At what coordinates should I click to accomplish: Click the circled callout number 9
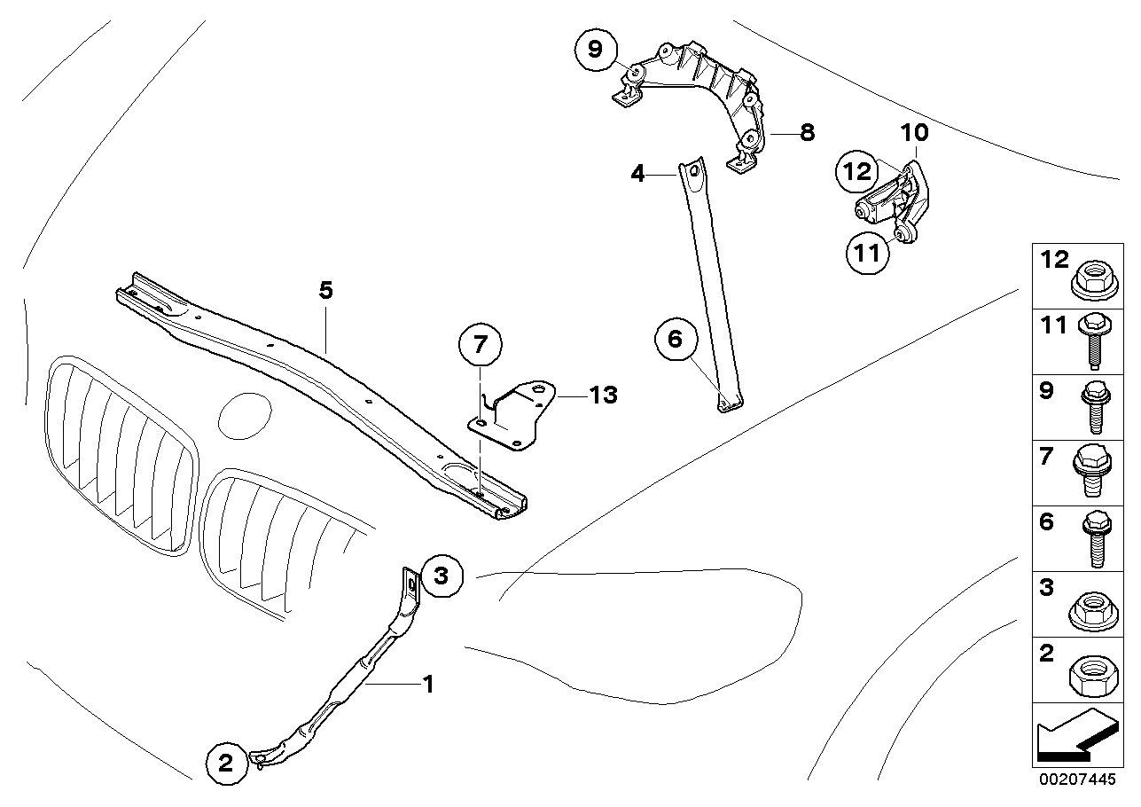pyautogui.click(x=595, y=51)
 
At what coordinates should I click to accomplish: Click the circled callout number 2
pyautogui.click(x=225, y=762)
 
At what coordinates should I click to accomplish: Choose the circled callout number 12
pyautogui.click(x=858, y=171)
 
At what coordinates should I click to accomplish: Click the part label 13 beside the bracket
pyautogui.click(x=603, y=395)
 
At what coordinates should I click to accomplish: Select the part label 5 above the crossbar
pyautogui.click(x=326, y=290)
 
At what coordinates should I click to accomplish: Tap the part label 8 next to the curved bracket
pyautogui.click(x=806, y=133)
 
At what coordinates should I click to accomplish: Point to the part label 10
pyautogui.click(x=915, y=133)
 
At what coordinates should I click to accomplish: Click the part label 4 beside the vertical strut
pyautogui.click(x=637, y=174)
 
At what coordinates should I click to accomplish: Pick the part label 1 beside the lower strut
pyautogui.click(x=427, y=684)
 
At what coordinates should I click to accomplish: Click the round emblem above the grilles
pyautogui.click(x=245, y=415)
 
